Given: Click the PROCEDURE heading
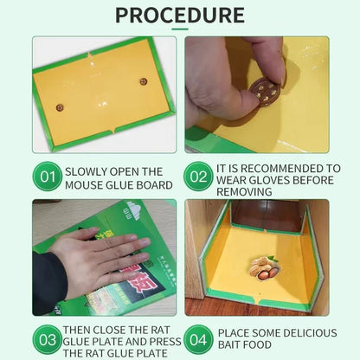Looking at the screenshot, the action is [x=180, y=15].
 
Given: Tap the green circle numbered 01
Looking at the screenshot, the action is [x=48, y=177].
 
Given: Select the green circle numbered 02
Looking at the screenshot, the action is [x=198, y=177].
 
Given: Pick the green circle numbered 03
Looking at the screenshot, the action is [x=48, y=339].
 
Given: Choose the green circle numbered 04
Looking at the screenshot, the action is [x=198, y=339].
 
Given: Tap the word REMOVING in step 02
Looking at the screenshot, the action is [x=244, y=192].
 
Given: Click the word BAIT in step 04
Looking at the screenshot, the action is [x=230, y=344].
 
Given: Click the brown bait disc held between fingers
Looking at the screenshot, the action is [x=265, y=91].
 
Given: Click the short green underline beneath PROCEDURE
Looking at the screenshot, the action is [x=180, y=29].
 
